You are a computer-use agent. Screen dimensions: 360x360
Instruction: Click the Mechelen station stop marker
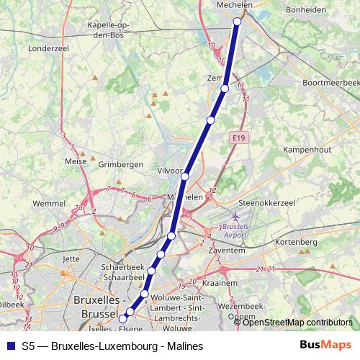[238, 22]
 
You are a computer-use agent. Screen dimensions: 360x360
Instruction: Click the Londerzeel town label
[47, 50]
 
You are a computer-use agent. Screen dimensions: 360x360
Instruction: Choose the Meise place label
[75, 161]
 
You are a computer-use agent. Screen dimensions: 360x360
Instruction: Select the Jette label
[71, 258]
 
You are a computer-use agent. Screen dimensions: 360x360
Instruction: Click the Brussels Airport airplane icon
[237, 216]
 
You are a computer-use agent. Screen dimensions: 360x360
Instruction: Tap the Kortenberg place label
[297, 242]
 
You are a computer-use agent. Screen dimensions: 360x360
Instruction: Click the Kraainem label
[220, 283]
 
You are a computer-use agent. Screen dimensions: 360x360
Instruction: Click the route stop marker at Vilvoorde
[185, 176]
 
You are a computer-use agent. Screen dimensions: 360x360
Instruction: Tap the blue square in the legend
[10, 346]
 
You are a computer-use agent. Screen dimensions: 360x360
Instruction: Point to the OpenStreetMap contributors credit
[297, 322]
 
